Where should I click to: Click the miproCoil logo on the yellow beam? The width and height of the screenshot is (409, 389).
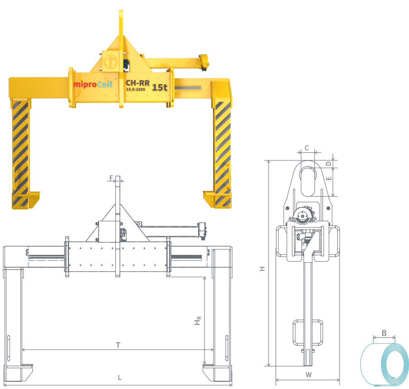(93, 84)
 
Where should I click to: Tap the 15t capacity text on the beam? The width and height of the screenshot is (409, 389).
(160, 87)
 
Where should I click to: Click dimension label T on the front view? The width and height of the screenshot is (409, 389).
(118, 345)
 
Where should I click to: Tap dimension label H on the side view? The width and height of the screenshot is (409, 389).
(262, 269)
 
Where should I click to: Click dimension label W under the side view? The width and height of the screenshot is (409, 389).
(308, 375)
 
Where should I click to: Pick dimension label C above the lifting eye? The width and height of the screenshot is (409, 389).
(307, 148)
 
